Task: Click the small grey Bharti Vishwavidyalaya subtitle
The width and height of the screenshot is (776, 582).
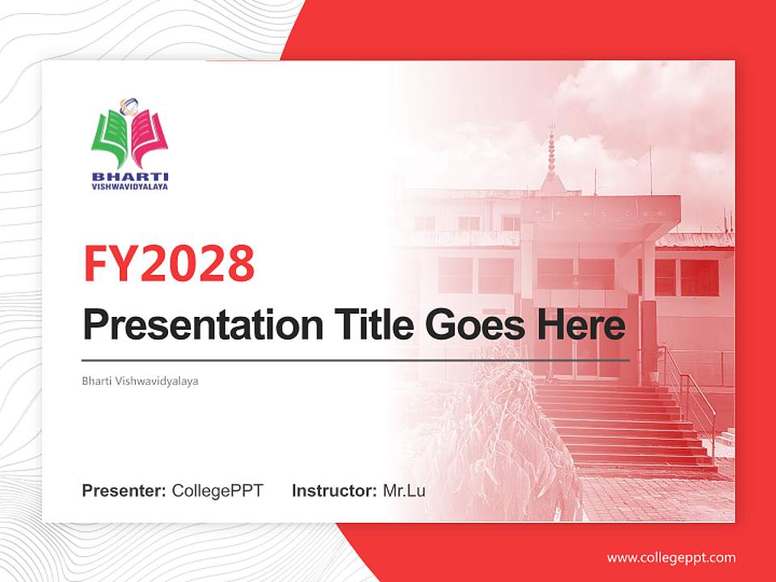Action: point(140,380)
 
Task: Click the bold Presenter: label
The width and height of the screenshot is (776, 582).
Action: point(124,491)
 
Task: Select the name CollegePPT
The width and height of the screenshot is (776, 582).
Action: point(217,491)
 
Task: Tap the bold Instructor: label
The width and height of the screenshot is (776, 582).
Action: point(334,491)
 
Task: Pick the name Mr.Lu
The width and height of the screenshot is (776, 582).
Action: point(404,491)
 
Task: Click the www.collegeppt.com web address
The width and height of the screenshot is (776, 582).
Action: point(671,558)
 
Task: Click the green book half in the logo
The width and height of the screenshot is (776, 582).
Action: point(111,137)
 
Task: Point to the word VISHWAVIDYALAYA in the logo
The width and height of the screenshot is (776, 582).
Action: point(130,186)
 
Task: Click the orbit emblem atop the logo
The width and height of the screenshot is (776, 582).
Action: point(129,105)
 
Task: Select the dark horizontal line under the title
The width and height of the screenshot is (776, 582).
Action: point(356,360)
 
